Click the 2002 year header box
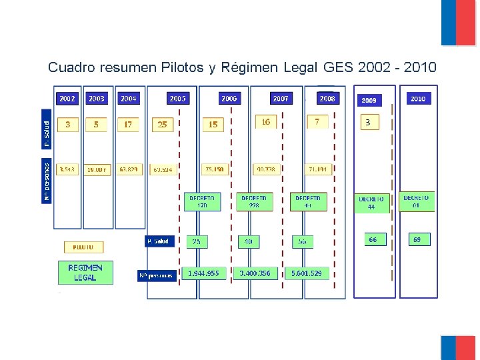coord(67,98)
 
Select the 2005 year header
coord(177,98)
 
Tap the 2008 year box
coord(327,98)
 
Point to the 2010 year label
coord(418,99)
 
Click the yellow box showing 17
coord(128,124)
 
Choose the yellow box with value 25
coord(162,124)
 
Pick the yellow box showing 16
coord(265,122)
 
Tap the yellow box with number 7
coord(317,122)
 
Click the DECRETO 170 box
coord(202,202)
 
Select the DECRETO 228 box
coord(254,202)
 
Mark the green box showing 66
coord(373,239)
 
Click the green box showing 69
coord(417,239)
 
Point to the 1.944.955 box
coord(203,273)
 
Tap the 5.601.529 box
coord(306,273)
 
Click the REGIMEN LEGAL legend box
coord(85,273)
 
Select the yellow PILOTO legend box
coord(83,247)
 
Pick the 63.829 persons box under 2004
coord(129,170)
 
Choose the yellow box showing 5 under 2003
coord(96,124)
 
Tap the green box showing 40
coord(249,241)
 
